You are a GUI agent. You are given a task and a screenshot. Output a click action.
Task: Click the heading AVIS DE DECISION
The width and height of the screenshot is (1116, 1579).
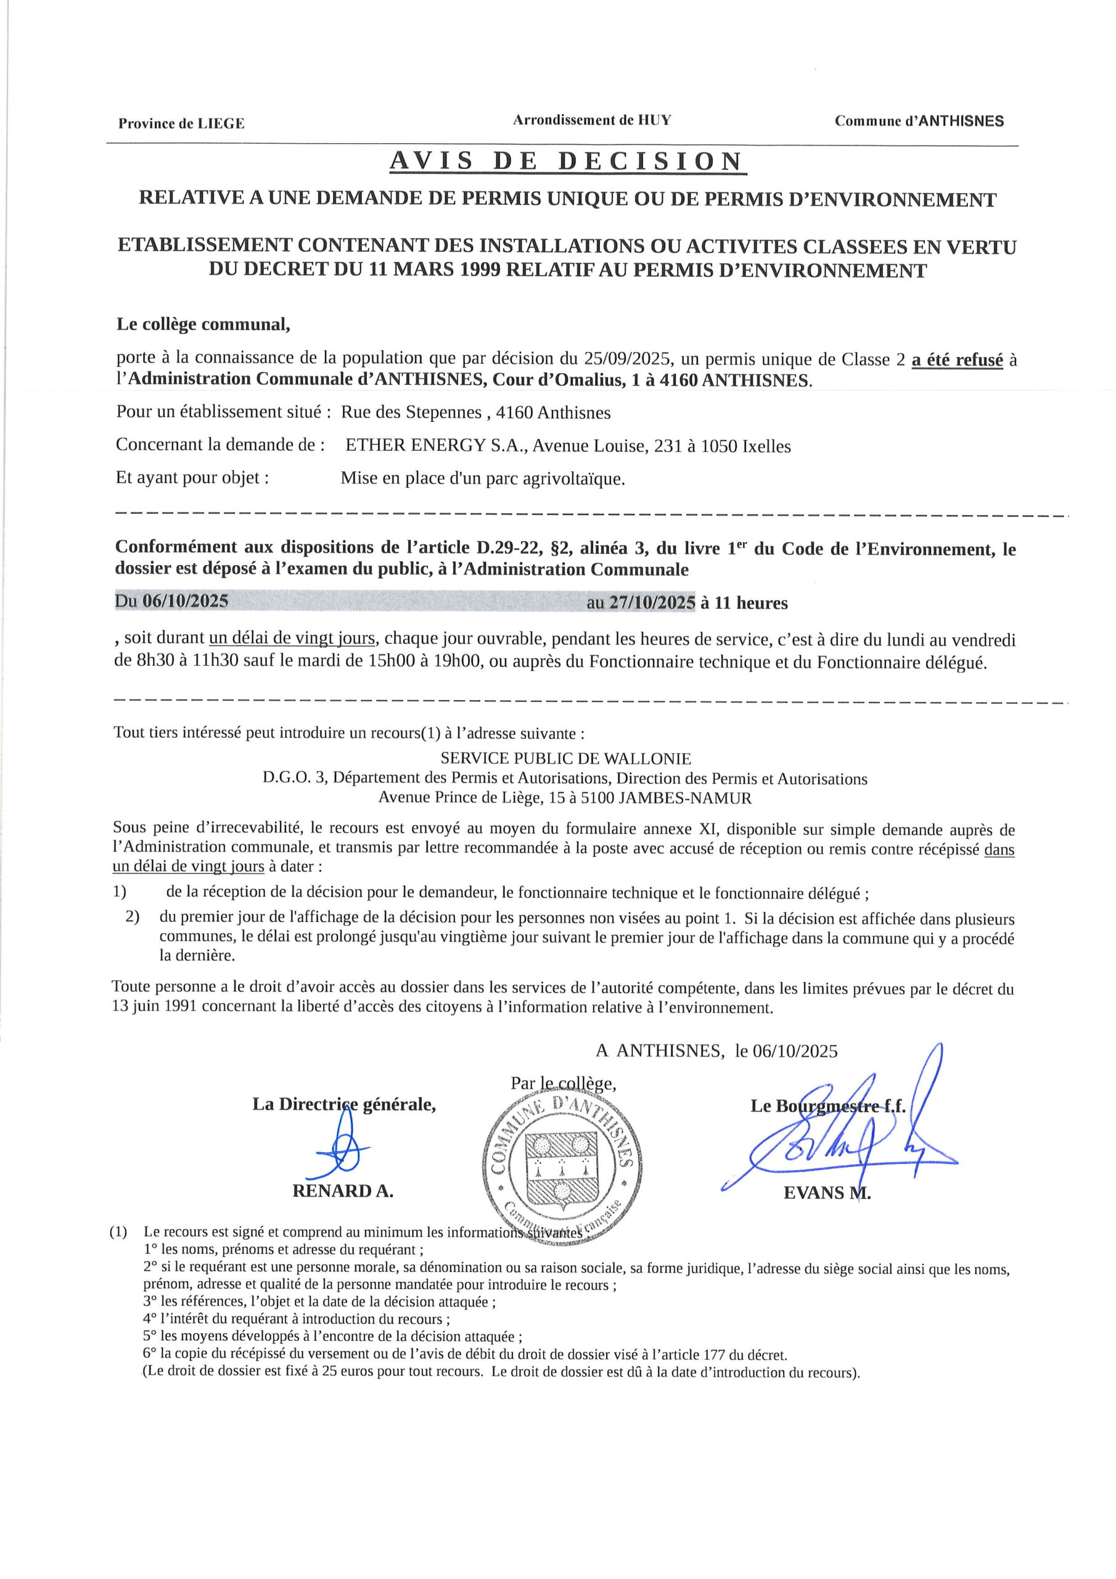(x=567, y=161)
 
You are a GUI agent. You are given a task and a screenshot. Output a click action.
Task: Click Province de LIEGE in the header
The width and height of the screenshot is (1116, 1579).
(x=181, y=124)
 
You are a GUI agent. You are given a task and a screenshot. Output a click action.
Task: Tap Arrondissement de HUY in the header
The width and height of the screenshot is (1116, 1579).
(x=591, y=120)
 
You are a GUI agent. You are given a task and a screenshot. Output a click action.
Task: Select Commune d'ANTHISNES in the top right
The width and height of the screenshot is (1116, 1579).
(x=919, y=122)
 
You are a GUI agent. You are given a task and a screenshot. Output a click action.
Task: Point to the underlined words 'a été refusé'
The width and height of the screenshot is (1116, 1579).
(x=957, y=360)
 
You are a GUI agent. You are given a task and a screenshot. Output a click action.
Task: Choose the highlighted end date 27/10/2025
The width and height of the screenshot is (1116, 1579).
(x=652, y=603)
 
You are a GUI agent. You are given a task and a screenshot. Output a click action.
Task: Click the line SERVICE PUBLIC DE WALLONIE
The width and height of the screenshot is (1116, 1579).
(x=565, y=759)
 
